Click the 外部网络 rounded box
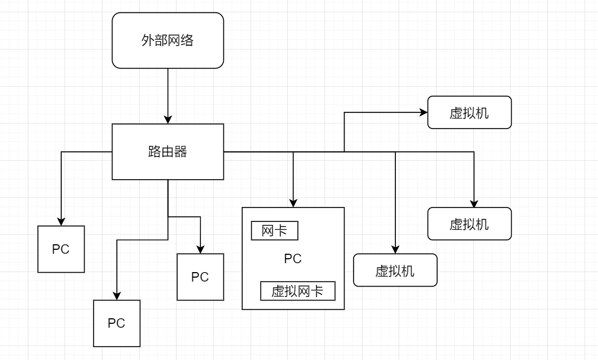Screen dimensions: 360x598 [168, 41]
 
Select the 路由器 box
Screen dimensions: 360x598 [168, 151]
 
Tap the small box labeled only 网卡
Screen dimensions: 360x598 [275, 231]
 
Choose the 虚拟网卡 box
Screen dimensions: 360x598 [298, 291]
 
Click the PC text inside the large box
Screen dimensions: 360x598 [293, 259]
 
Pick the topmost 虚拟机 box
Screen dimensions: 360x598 [469, 112]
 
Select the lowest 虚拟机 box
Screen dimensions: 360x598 [395, 270]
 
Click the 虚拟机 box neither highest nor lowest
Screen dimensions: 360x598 [469, 224]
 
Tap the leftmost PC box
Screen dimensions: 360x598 [61, 249]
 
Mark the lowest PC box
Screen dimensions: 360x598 [116, 323]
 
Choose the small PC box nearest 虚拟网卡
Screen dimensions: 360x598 [200, 277]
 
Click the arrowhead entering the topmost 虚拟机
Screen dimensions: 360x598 [424, 112]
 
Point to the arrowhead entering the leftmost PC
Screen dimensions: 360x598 [61, 221]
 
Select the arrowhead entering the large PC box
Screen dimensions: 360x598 [293, 203]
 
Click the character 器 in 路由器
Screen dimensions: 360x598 [181, 151]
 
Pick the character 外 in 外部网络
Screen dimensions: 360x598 [148, 41]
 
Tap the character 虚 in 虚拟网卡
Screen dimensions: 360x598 [277, 291]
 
